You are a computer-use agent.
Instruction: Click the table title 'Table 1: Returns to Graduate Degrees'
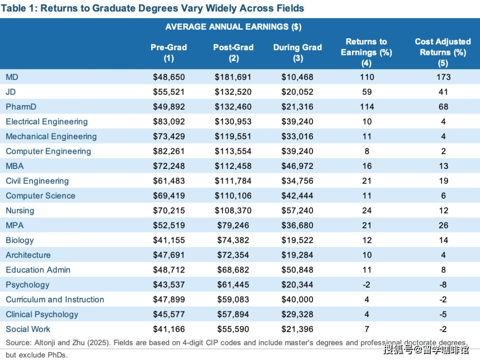[x=155, y=8]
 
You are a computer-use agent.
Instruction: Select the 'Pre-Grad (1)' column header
[x=169, y=52]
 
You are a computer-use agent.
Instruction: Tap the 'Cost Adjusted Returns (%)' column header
[x=443, y=52]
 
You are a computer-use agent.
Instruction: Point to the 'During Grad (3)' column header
[x=297, y=52]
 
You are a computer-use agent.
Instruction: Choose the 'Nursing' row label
[x=20, y=210]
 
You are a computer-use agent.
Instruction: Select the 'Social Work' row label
[x=28, y=329]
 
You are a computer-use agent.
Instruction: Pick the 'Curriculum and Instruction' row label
[x=55, y=300]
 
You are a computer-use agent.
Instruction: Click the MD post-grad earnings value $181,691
[x=233, y=77]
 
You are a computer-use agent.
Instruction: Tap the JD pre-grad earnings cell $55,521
[x=169, y=92]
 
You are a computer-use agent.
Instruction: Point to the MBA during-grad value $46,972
[x=297, y=166]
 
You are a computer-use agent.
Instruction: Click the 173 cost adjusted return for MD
[x=443, y=77]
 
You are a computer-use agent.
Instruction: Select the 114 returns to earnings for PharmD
[x=367, y=107]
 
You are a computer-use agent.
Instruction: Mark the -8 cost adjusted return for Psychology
[x=443, y=284]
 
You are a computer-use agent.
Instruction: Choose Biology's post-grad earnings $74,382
[x=233, y=240]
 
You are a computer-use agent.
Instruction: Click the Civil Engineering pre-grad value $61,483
[x=169, y=181]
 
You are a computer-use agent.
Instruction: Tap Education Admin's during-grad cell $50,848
[x=297, y=270]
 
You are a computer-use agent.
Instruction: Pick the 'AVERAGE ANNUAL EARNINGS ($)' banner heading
[x=233, y=27]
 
